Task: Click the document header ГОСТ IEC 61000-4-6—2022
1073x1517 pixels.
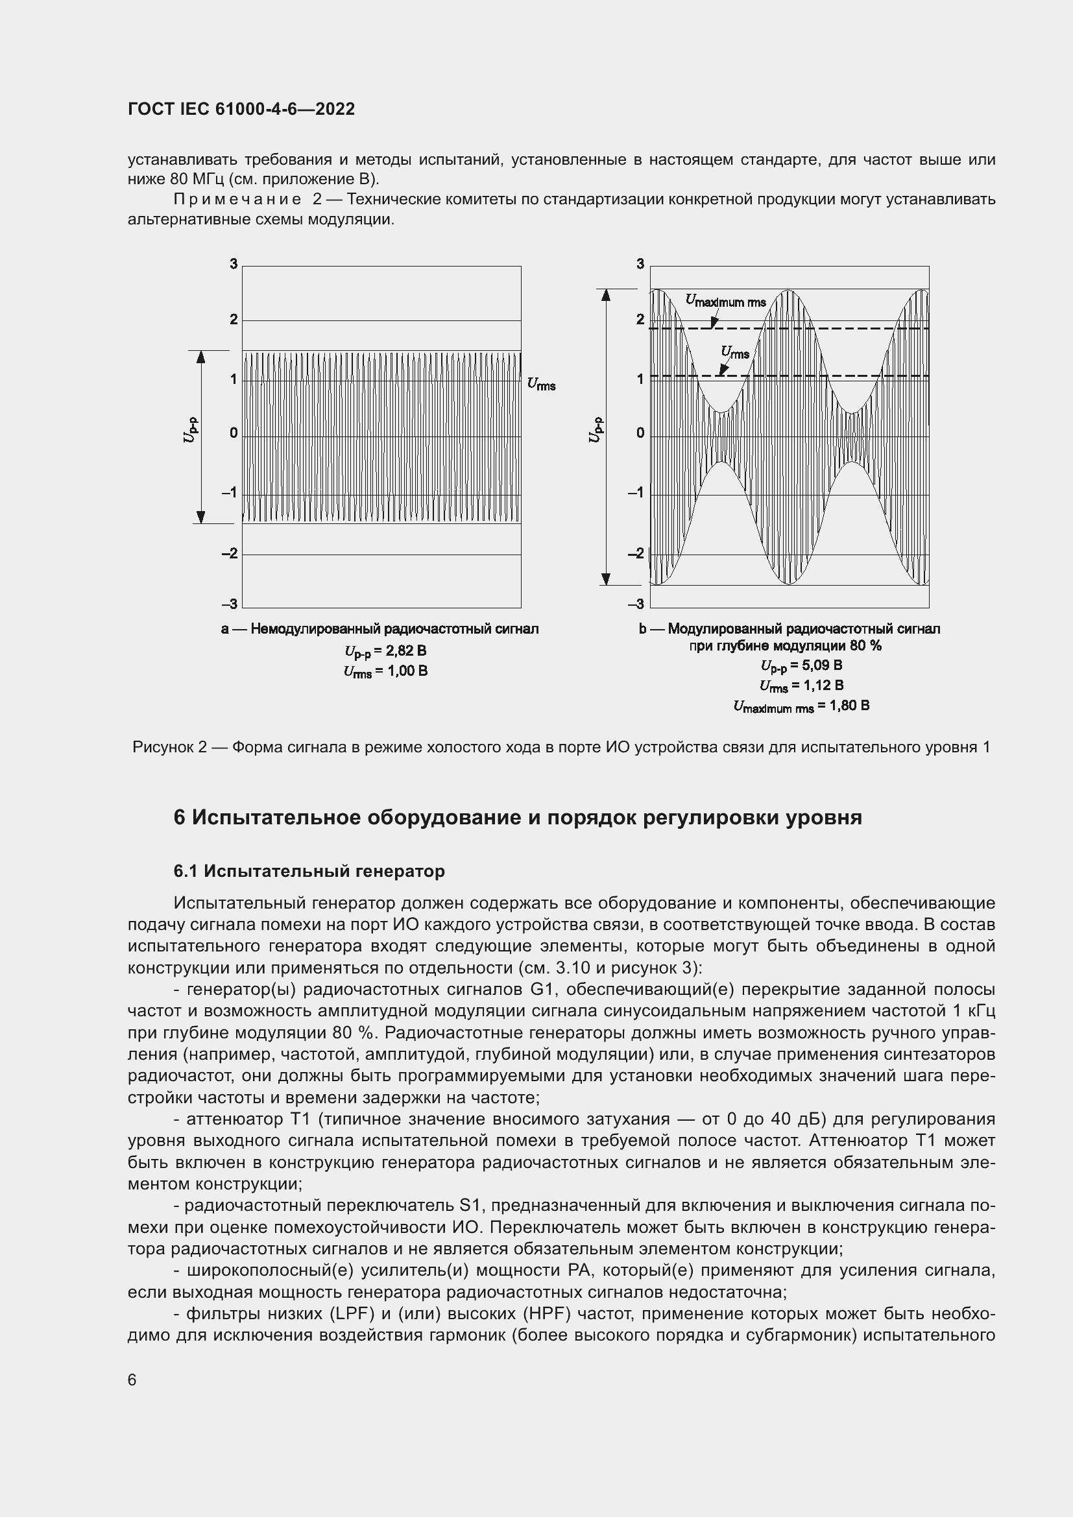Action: (x=241, y=109)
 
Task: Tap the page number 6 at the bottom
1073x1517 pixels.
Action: (x=132, y=1380)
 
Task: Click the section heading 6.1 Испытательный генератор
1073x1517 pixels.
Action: (x=309, y=871)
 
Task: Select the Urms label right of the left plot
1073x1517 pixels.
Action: (x=541, y=384)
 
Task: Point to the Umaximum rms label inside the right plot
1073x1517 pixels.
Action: (x=725, y=302)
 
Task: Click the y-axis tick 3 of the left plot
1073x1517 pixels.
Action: (x=234, y=264)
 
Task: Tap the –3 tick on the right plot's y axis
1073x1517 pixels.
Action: (x=636, y=604)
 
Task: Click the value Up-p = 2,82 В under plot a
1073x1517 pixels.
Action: (x=385, y=651)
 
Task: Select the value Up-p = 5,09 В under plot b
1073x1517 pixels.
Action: (x=801, y=665)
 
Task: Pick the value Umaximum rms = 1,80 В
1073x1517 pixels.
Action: (x=801, y=706)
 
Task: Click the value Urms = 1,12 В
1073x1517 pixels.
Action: (x=801, y=686)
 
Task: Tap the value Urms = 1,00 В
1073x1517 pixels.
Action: (x=385, y=671)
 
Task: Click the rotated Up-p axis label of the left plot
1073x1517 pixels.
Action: (x=189, y=429)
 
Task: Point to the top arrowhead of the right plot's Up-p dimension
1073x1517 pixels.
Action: (x=605, y=295)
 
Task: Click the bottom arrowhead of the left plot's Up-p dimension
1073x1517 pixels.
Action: (x=201, y=517)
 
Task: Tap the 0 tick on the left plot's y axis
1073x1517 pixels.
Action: (x=234, y=433)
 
